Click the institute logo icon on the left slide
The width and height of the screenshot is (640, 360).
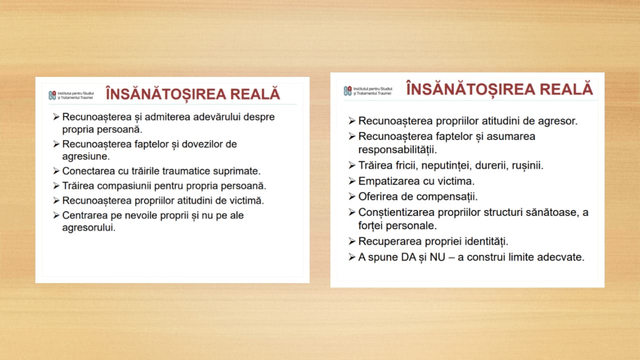click(x=52, y=95)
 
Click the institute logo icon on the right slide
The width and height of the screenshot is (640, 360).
click(x=347, y=91)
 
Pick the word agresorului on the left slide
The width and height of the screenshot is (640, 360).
click(x=89, y=227)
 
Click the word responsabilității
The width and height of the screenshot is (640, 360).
click(x=397, y=149)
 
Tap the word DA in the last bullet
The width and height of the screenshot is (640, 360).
click(x=408, y=257)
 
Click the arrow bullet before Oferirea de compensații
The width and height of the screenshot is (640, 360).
click(x=352, y=196)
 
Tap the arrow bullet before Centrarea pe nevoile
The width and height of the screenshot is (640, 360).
click(x=56, y=215)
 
